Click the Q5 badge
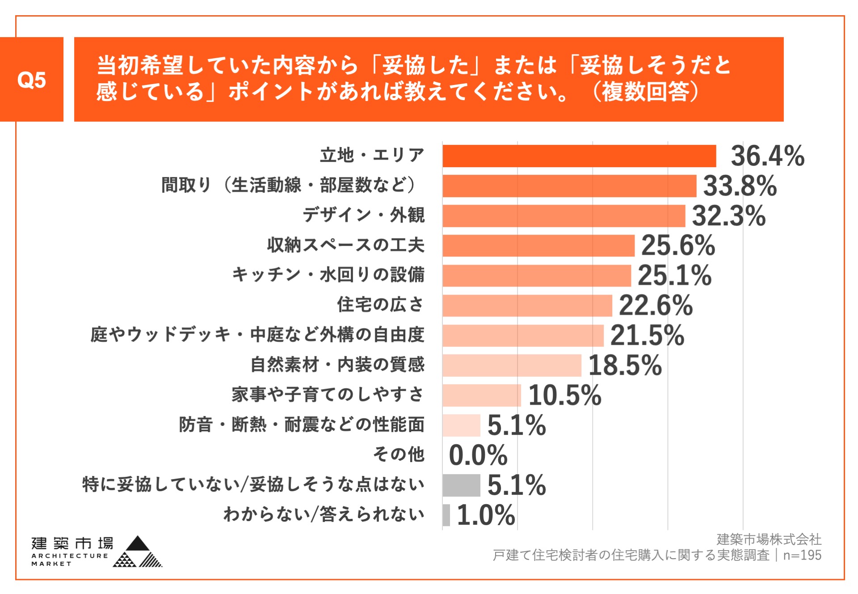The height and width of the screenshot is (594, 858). [x=31, y=80]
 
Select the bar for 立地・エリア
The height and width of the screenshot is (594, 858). [x=579, y=156]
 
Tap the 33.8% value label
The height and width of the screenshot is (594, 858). [x=740, y=186]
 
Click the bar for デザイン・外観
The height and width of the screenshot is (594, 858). [x=564, y=216]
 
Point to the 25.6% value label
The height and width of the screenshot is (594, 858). [x=678, y=245]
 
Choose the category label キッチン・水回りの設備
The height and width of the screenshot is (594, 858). [x=328, y=274]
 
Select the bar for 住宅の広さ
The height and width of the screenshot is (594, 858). [x=527, y=306]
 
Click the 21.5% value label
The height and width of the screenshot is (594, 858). [x=647, y=335]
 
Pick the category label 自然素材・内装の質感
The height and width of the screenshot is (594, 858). [x=337, y=365]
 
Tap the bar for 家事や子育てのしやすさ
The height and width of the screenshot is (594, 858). [x=482, y=395]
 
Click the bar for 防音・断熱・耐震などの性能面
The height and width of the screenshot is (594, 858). [x=461, y=425]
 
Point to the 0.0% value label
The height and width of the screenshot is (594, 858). [x=478, y=455]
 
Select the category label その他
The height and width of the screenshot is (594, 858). [x=399, y=455]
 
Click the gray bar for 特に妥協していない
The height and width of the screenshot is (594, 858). [x=461, y=485]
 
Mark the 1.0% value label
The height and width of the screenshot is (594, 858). [x=486, y=515]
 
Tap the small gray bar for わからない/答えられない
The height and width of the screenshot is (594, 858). [x=446, y=515]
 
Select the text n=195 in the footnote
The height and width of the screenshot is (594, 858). [x=802, y=555]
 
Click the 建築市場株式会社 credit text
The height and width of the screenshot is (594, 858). [x=769, y=539]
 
